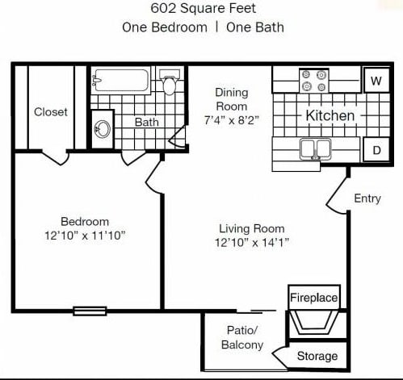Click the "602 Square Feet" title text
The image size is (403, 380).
click(203, 10)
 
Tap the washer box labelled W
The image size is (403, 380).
click(376, 81)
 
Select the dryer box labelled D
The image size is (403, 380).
click(376, 149)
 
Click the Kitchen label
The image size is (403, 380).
click(330, 115)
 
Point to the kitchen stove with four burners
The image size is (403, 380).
click(314, 81)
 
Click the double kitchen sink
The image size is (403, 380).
click(314, 148)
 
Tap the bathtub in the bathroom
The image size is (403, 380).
click(121, 80)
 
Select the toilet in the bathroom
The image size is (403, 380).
click(170, 83)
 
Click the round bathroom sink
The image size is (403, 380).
click(103, 129)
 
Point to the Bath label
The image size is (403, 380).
click(146, 123)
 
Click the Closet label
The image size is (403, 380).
click(51, 112)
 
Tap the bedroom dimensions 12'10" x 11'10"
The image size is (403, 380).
click(85, 236)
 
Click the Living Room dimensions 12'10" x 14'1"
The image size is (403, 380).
click(252, 242)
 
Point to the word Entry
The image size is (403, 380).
click(367, 198)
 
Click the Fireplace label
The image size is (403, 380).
click(314, 298)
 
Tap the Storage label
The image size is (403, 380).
click(317, 356)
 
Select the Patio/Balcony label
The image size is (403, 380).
click(242, 338)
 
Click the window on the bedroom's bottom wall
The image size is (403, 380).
click(90, 310)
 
